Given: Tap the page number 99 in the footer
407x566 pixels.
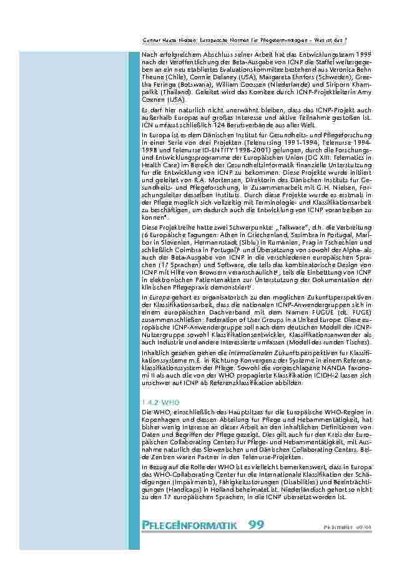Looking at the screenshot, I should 256,524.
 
